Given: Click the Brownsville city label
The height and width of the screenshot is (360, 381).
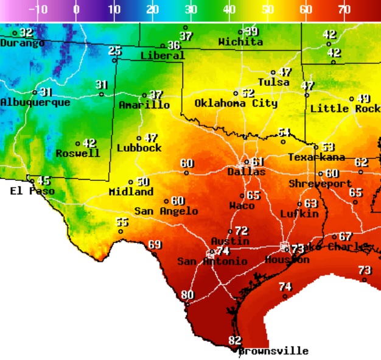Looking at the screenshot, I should point(273,351).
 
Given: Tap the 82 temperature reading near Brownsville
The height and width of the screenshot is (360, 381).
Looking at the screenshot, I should point(234,340).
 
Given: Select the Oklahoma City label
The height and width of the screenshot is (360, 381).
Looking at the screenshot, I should point(236,104).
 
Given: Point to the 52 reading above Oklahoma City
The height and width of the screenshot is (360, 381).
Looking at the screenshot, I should point(247,93).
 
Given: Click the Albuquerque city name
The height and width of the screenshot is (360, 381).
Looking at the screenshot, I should point(35,102).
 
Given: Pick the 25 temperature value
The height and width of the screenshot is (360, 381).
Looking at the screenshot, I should point(115,51).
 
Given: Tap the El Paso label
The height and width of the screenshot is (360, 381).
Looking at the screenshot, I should point(32,191).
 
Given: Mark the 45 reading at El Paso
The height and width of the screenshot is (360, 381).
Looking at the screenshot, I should point(44,181).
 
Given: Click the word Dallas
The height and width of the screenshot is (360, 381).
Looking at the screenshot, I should point(246,172).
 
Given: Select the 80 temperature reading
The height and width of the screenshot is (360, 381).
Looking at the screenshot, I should point(187,295).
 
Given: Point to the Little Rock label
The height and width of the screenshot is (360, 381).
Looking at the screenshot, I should point(345,109).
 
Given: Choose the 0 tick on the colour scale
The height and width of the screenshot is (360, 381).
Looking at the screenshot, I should point(76,10).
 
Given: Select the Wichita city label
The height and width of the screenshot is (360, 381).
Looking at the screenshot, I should point(240,43).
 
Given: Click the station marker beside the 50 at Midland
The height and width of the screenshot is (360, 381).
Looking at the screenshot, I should point(131,182).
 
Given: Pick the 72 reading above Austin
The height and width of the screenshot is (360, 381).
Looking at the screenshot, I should point(242,231).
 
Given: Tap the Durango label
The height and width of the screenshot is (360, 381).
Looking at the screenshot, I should point(22,43).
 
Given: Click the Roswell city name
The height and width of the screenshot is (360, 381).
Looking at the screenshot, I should point(77,154).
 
